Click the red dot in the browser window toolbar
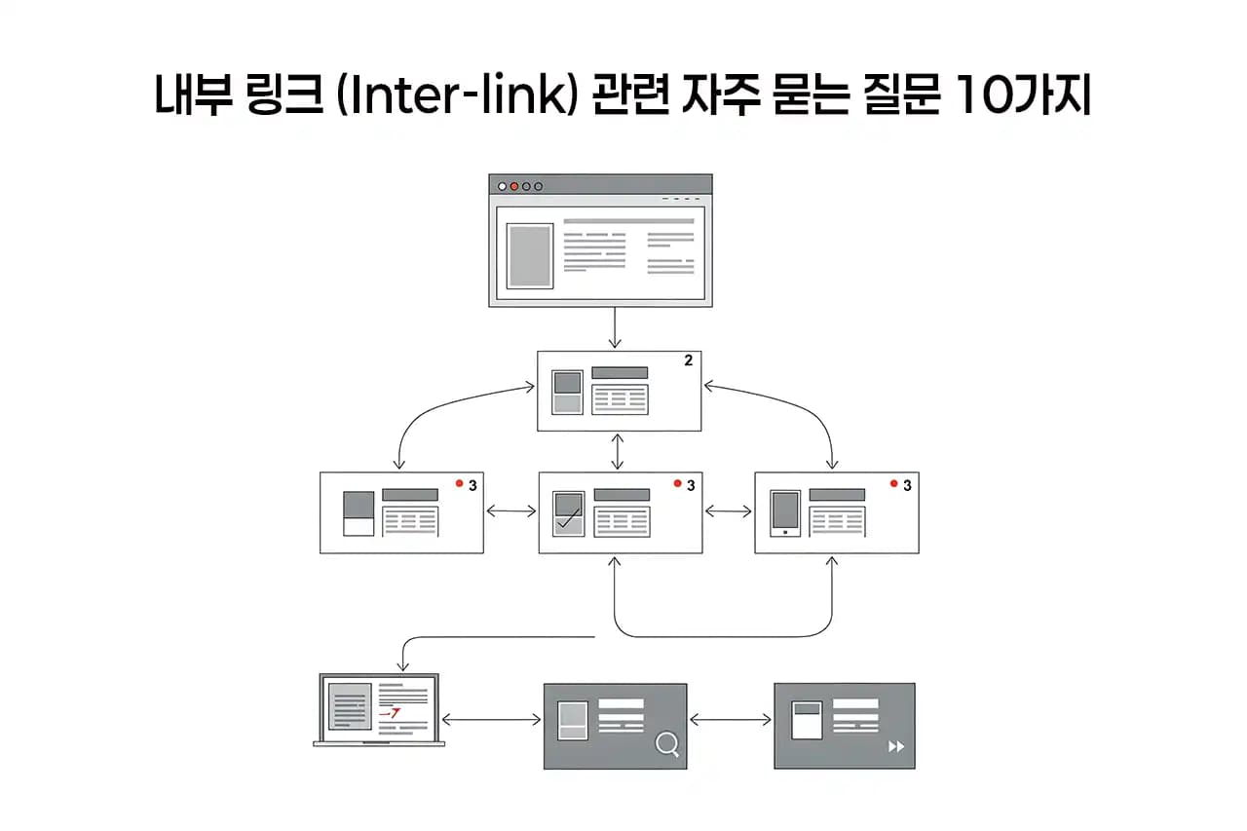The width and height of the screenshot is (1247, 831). click(x=514, y=186)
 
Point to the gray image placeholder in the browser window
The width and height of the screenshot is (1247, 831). click(x=530, y=255)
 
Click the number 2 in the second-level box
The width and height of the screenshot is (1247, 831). click(x=688, y=360)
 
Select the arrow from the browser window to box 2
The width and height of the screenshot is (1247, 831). click(x=614, y=328)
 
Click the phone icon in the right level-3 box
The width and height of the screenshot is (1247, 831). click(x=785, y=512)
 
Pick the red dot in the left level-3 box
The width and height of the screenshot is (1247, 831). click(x=458, y=483)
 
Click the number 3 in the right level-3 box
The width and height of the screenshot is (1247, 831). click(x=907, y=485)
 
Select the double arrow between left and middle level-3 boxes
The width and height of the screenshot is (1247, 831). click(x=510, y=510)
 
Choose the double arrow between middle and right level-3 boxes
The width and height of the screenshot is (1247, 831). click(x=728, y=510)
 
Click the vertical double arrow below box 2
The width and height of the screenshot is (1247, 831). click(x=616, y=451)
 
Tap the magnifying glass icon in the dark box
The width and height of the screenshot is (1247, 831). click(x=667, y=745)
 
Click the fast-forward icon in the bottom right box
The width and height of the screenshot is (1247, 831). click(x=896, y=746)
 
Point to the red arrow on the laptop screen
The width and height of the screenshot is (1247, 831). click(x=390, y=714)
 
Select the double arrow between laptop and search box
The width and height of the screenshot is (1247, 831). click(x=491, y=720)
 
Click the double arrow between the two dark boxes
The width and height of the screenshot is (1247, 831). click(x=731, y=720)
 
